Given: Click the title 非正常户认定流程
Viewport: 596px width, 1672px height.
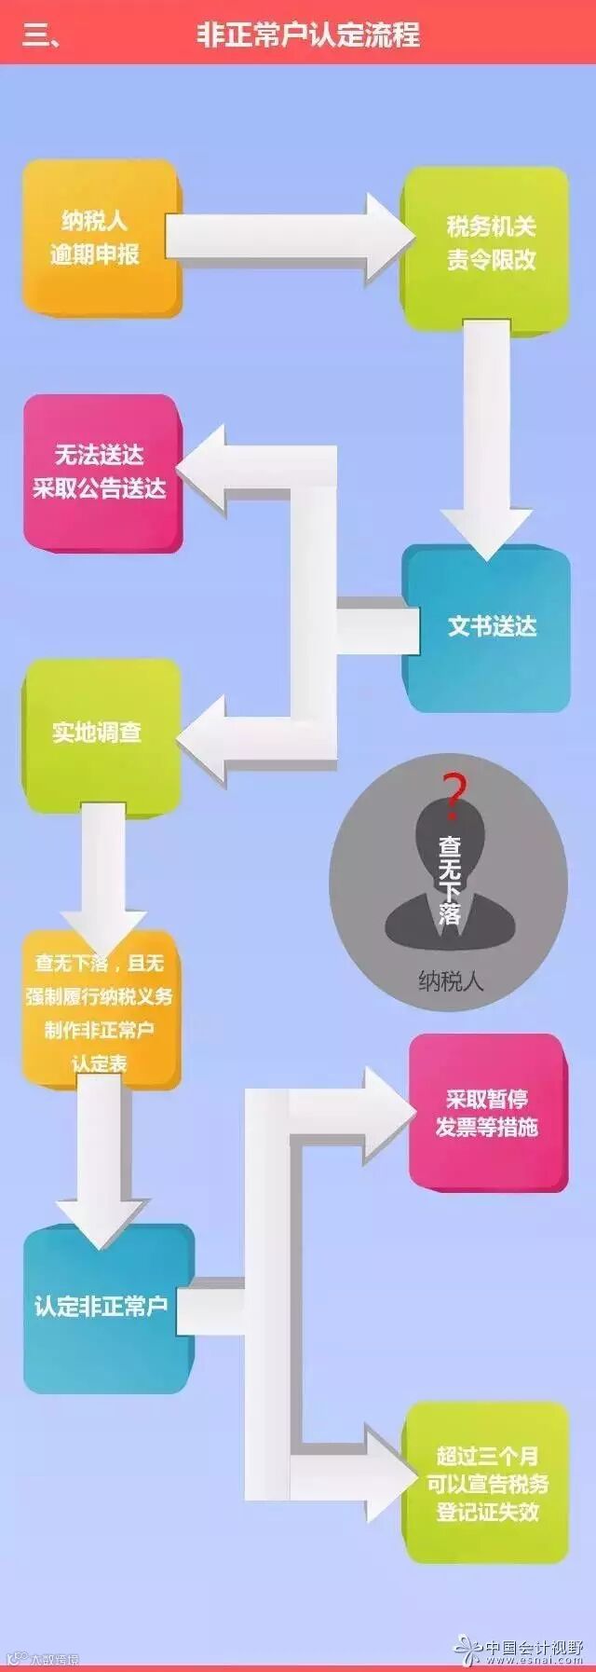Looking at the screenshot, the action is tap(308, 34).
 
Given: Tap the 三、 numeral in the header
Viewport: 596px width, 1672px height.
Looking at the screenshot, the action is tap(41, 35).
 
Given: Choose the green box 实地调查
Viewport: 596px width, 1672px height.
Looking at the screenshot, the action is tap(99, 733).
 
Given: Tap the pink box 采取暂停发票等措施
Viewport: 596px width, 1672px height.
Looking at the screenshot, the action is tap(487, 1113).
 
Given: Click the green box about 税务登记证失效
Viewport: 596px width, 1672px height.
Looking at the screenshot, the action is tap(487, 1483).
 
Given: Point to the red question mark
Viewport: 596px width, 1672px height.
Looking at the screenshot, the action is tap(454, 792).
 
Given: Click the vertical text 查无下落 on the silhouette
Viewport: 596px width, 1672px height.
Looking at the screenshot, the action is tap(451, 880).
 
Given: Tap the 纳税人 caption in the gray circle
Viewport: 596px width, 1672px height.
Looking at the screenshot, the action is tap(451, 980).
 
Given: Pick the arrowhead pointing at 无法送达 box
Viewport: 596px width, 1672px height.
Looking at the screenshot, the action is tap(205, 470).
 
